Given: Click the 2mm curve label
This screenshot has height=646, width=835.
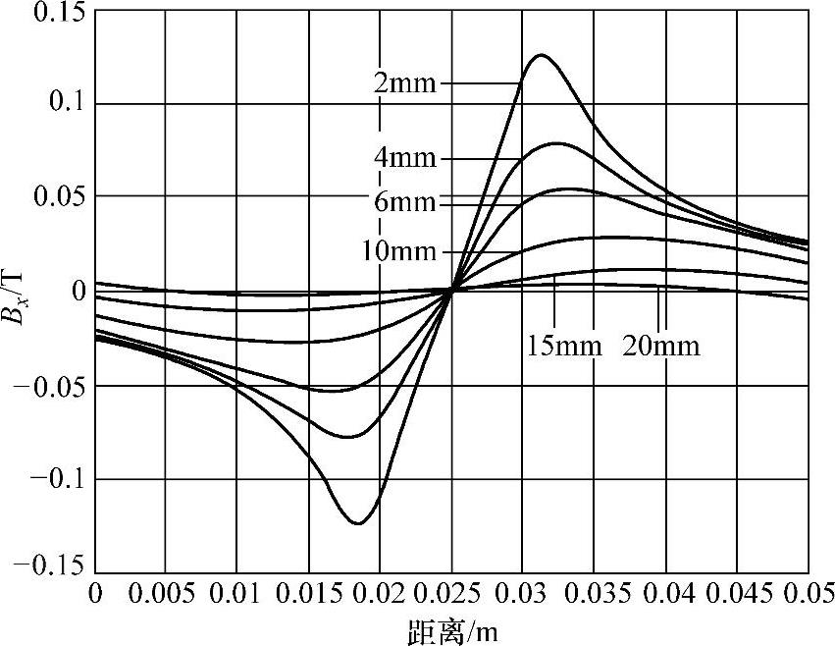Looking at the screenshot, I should pos(405,83).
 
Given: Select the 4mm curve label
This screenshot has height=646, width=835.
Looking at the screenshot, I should pos(405,158).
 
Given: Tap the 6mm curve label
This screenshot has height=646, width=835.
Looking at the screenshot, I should pos(405,202).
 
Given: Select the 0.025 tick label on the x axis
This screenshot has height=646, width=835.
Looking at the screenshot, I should pos(452,595).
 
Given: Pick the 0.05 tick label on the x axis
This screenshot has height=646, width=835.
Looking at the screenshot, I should pos(809,595).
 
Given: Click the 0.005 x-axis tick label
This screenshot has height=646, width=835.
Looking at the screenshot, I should pos(167,595).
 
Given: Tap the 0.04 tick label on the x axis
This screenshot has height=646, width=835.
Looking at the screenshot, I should pos(665,595).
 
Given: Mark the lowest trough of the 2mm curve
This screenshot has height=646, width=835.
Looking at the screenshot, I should pos(357,523).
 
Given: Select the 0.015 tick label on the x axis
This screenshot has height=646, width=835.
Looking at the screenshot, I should pos(309,595).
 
